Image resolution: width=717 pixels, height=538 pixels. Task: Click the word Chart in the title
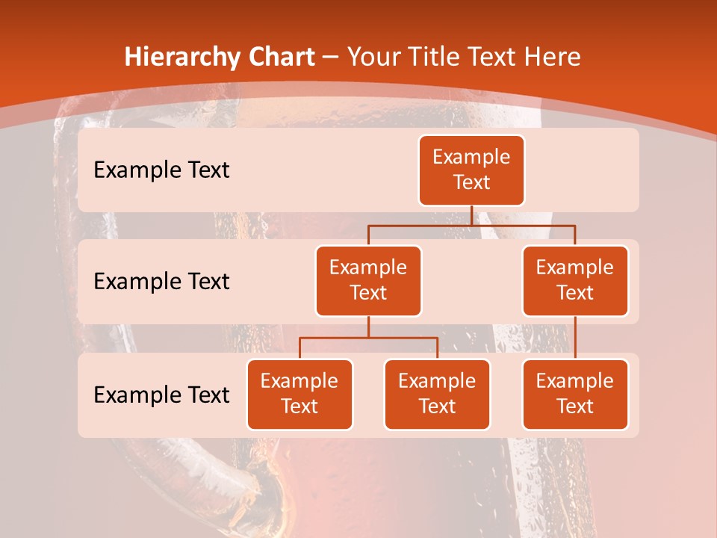282,58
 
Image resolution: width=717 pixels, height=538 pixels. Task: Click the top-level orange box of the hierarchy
471,170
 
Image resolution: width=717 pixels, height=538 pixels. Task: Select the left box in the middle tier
368,280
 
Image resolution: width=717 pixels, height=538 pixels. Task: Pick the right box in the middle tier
575,280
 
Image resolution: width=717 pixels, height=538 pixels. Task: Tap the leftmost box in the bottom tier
299,394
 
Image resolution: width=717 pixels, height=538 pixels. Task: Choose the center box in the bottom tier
437,394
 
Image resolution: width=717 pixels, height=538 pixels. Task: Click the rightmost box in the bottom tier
575,394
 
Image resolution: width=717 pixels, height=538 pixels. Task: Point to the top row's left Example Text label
161,170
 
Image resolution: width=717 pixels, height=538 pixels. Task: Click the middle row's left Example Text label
161,282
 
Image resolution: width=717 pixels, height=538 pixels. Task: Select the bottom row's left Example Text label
161,395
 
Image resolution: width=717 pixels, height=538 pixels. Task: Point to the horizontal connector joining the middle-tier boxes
471,225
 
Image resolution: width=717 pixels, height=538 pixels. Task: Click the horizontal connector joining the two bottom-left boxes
368,338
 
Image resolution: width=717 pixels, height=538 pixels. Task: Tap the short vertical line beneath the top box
471,215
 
